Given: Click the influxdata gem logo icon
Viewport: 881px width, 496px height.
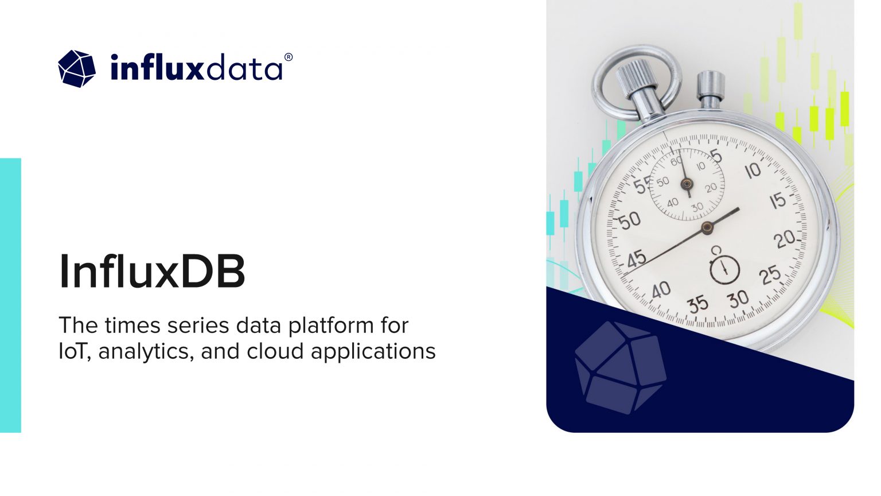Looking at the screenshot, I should coord(77,69).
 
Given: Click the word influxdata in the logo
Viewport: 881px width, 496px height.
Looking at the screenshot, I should coord(196,68).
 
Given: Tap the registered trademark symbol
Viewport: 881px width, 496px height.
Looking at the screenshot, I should coord(289,57).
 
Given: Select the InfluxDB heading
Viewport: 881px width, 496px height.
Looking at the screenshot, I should coord(152,272).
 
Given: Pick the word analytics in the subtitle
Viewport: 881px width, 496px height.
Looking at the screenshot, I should coord(146,351).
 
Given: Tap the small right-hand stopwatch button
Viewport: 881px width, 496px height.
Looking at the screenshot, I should coord(711,89).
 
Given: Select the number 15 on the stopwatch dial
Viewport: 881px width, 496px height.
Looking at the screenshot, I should coord(778,201).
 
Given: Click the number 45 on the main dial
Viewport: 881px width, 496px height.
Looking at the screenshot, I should coord(636,259).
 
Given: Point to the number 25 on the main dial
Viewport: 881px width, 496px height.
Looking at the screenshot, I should coord(769,276).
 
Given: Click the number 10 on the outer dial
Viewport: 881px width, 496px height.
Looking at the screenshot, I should coord(752,170).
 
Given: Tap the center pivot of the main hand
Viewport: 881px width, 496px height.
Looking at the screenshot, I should coord(707,227).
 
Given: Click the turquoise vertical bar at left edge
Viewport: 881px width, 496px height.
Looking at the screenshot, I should coord(10,295).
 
